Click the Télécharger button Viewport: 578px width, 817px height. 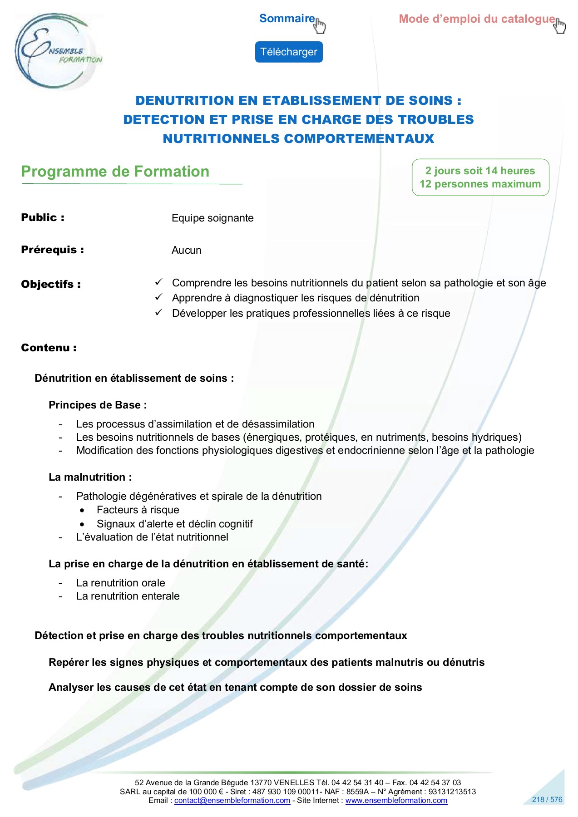pos(288,52)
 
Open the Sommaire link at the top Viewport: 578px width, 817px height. pos(287,19)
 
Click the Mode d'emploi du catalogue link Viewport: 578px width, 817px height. pos(476,19)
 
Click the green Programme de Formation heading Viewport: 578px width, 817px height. pos(115,172)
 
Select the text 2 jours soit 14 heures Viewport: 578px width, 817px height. pos(480,171)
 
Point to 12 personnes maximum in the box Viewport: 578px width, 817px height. pos(480,184)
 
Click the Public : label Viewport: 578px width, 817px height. pos(43,217)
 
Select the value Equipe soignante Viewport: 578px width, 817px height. pos(212,218)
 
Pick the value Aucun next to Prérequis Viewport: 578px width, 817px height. pos(186,250)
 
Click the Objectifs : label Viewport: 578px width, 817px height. pos(51,284)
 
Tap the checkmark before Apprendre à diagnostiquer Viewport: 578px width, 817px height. pos(158,297)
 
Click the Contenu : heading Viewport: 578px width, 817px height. pos(49,348)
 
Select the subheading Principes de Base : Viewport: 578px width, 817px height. pos(98,405)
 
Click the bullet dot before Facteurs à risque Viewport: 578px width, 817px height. pos(82,510)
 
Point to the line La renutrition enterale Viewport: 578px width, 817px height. pos(128,596)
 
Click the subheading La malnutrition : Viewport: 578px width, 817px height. pos(90,477)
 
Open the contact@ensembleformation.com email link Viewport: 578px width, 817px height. pos(232,800)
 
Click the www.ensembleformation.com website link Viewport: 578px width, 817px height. pos(396,800)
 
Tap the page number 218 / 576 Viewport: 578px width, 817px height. pos(547,799)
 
